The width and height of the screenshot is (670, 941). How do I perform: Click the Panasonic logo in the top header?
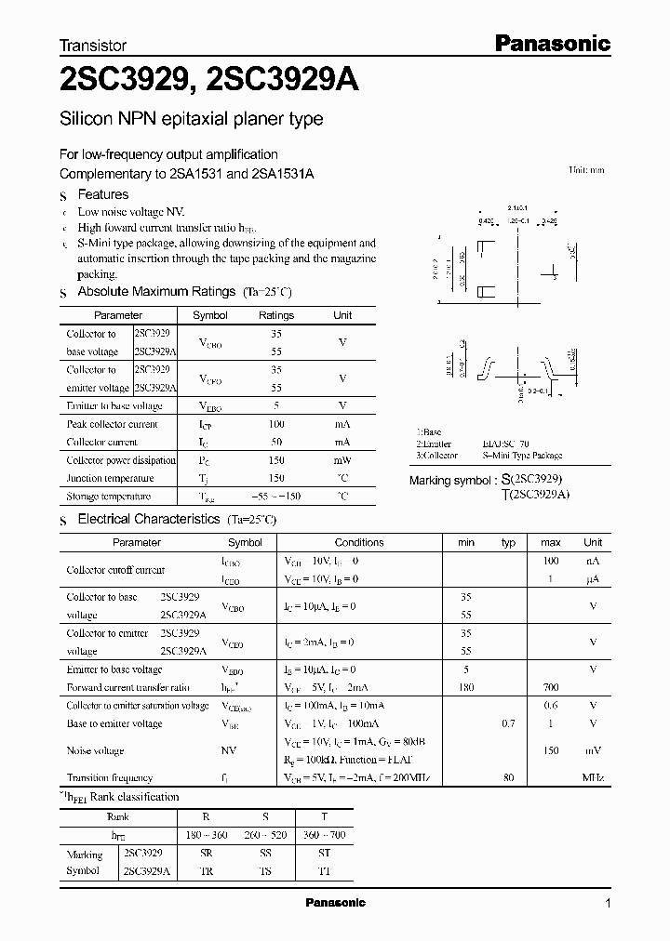551,43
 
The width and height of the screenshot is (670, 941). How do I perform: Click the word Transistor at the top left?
93,45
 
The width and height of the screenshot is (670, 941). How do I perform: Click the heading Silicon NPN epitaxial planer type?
191,119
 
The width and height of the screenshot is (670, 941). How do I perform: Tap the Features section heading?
102,194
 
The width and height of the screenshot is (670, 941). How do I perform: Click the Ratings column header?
275,315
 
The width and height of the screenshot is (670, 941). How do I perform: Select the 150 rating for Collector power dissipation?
275,460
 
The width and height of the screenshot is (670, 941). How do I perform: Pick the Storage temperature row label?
108,497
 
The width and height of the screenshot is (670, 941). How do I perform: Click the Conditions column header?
359,542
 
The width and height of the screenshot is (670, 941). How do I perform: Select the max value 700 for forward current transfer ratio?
551,687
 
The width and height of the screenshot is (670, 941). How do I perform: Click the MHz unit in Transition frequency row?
593,777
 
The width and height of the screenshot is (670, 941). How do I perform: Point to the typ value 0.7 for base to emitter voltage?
508,723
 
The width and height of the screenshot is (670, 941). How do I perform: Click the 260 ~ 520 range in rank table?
265,835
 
